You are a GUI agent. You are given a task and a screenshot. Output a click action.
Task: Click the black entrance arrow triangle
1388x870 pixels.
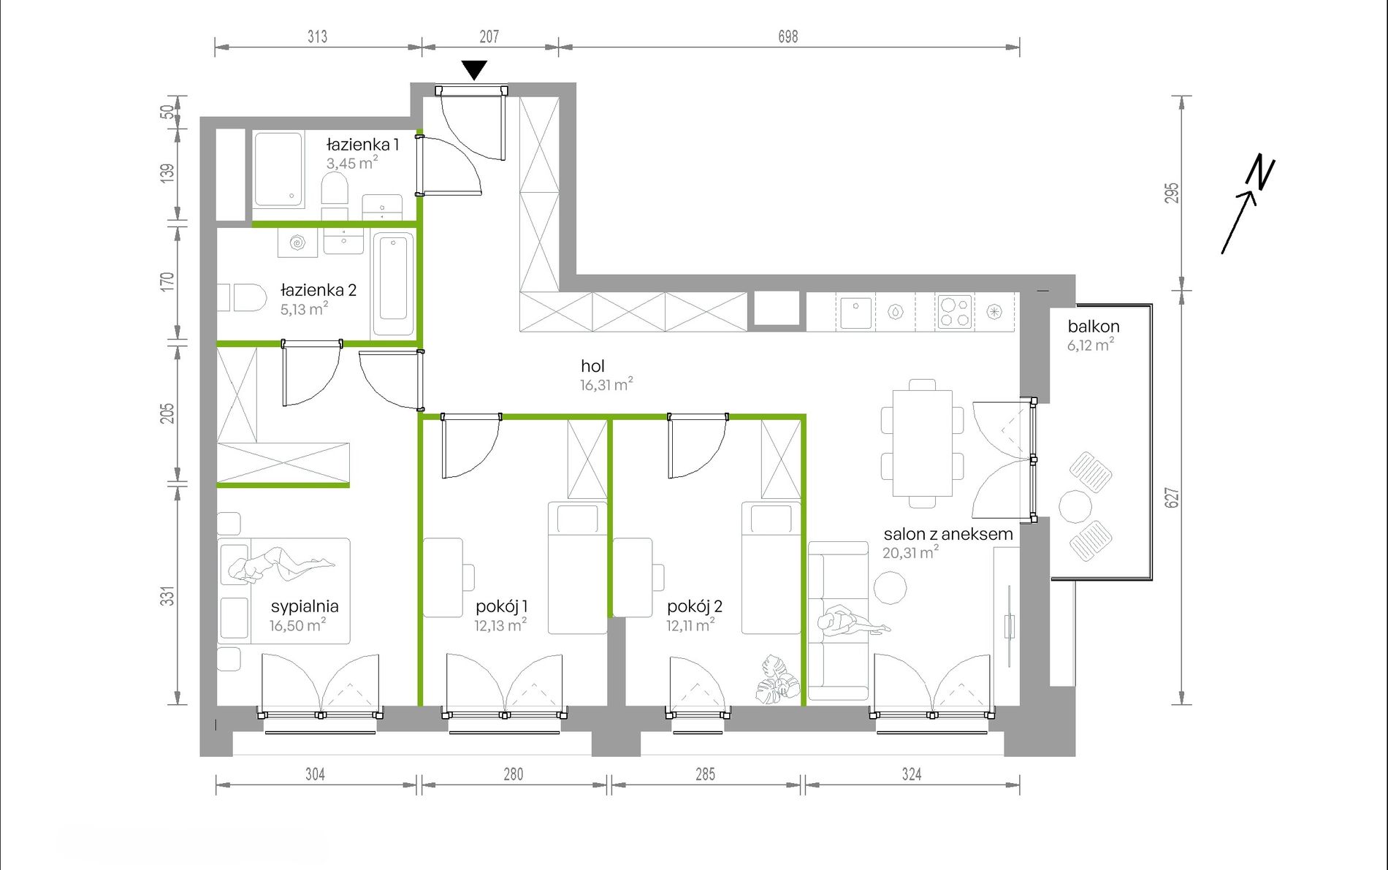pos(475,69)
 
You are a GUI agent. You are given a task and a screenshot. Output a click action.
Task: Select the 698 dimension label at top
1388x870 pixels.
pos(788,37)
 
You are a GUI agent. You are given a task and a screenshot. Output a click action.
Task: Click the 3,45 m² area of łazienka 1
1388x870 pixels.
pos(351,163)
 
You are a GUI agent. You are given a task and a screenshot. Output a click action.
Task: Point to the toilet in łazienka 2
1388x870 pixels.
pos(243,297)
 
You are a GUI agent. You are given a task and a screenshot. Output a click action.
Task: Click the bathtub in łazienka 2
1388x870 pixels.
pos(393,284)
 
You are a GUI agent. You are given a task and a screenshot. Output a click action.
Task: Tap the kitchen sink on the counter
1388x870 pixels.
pos(855,312)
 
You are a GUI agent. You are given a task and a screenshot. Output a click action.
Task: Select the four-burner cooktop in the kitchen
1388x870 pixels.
pos(955,312)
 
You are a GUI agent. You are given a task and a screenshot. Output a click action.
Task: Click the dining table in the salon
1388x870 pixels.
pos(922,443)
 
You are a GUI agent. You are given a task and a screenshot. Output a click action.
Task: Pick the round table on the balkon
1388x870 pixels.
pos(1075,506)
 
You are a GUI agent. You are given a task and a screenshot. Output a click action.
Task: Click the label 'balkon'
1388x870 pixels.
pos(1093,327)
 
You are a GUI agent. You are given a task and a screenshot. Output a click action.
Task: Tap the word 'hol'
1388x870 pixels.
pos(592,366)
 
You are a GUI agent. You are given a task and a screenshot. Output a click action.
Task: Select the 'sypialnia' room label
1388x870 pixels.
pos(305,606)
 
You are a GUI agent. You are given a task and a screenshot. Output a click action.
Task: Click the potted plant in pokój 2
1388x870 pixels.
pos(777,681)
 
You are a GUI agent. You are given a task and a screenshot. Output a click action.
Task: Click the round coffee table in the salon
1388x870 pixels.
pos(890,588)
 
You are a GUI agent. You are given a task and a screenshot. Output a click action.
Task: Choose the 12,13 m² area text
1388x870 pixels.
pos(500,625)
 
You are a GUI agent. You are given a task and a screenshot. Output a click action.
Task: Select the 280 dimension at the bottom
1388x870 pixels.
pos(513,774)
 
